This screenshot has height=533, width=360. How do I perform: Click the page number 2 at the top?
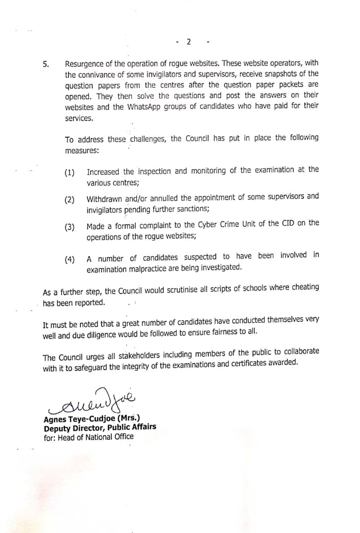coord(188,41)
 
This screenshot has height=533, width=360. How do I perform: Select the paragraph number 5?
coord(46,64)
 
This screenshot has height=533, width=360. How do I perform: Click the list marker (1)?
coord(70,172)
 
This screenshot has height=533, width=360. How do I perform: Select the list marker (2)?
coord(70,199)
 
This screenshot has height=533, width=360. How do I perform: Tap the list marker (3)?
coord(70,227)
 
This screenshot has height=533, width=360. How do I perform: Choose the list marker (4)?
coord(70,260)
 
